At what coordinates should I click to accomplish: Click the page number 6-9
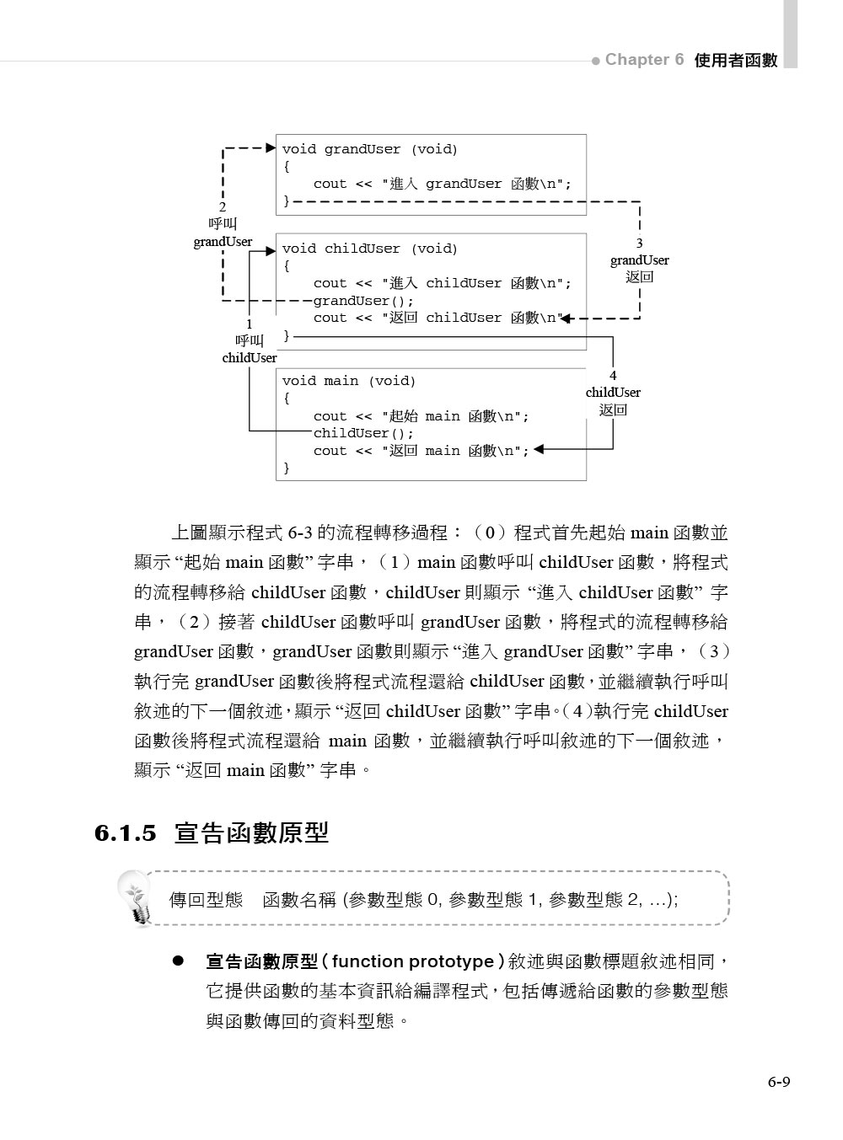point(778,1083)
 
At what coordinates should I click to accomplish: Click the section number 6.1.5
point(126,833)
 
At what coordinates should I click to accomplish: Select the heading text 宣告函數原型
point(251,833)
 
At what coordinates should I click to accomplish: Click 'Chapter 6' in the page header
point(644,60)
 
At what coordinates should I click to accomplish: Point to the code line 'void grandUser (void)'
point(369,149)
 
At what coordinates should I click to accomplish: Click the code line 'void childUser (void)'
point(369,249)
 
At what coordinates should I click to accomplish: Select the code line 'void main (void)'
point(349,381)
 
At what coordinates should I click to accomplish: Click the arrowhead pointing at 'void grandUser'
point(271,148)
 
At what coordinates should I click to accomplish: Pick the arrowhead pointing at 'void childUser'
point(271,250)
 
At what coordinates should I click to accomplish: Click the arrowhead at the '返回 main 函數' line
point(540,450)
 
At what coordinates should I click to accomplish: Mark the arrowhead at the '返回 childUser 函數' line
point(566,318)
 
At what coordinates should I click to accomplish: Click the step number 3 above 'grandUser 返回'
point(639,243)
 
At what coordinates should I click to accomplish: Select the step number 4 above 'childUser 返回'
point(613,375)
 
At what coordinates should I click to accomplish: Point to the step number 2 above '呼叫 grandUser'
point(223,207)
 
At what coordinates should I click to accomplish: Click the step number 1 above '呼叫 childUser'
point(249,324)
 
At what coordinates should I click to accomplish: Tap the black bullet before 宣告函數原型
point(178,961)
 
